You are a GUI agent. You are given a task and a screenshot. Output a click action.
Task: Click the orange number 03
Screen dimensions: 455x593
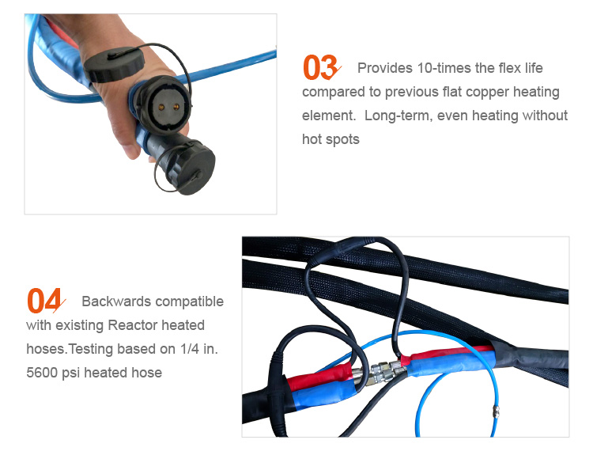coord(319,69)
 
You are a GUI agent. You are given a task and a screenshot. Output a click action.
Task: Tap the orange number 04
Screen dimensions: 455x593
coord(44,301)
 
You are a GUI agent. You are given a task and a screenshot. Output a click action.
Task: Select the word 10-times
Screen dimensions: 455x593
coord(444,68)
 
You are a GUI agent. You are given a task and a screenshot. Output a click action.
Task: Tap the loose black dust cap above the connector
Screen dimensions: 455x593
coord(113,64)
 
